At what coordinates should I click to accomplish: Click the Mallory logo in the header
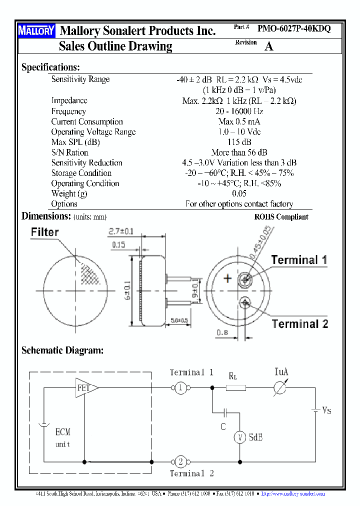tap(36, 31)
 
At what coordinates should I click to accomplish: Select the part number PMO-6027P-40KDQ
tap(294, 29)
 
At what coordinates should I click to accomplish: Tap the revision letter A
tap(268, 46)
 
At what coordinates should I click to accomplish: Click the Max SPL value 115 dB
tap(239, 142)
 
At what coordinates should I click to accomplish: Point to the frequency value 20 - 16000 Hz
tap(239, 111)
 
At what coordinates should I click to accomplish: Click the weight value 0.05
tap(239, 193)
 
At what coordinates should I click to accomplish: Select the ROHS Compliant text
tap(281, 217)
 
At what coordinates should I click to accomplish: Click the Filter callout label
tap(44, 232)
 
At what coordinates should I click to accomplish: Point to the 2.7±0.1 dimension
tap(121, 231)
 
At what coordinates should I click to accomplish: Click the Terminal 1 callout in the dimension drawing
tap(299, 260)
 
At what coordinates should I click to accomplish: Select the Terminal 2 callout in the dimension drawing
tap(300, 323)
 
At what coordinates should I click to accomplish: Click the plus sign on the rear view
tap(228, 279)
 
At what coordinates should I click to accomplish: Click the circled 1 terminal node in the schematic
tap(181, 387)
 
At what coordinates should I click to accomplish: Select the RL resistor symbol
tap(235, 387)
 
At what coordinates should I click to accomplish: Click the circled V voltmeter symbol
tap(240, 437)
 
